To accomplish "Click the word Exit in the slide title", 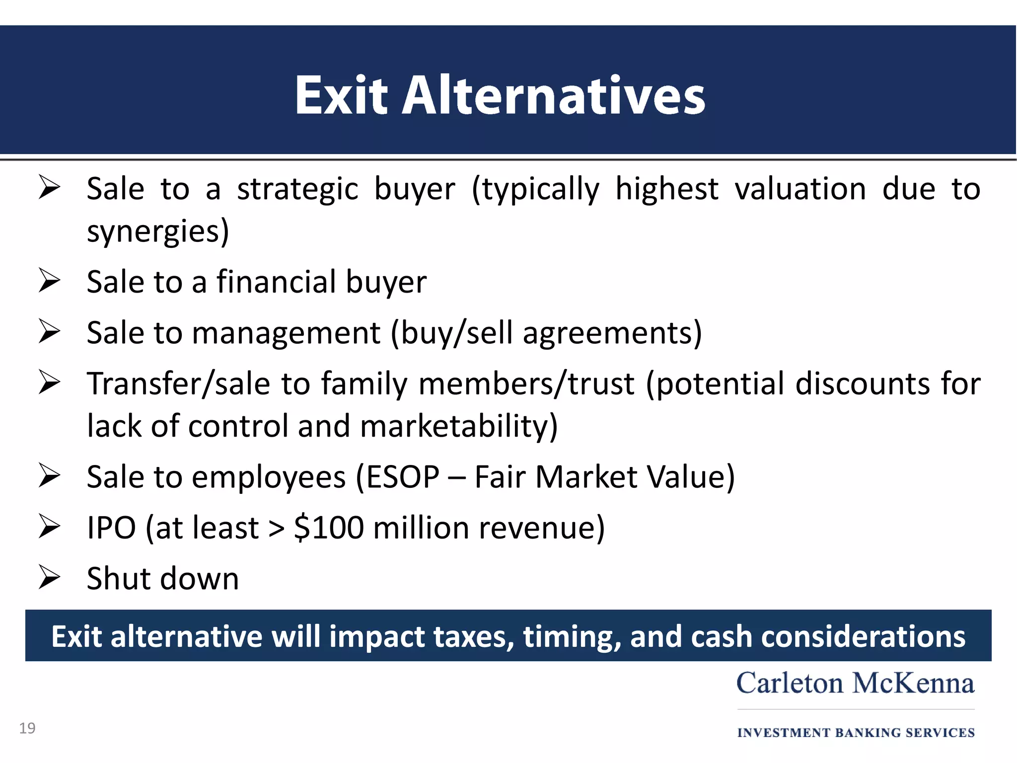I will pos(341,95).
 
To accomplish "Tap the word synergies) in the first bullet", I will pos(158,231).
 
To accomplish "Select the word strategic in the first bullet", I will pos(297,189).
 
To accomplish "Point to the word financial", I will pos(276,282).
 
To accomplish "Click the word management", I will pos(286,333).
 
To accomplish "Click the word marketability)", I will pos(459,426).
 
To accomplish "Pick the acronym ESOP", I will pos(403,477).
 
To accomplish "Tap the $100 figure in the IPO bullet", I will pos(329,528).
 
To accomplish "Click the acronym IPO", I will pos(111,528).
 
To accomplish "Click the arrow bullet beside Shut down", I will pos(49,577).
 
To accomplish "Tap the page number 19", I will pos(27,728).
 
